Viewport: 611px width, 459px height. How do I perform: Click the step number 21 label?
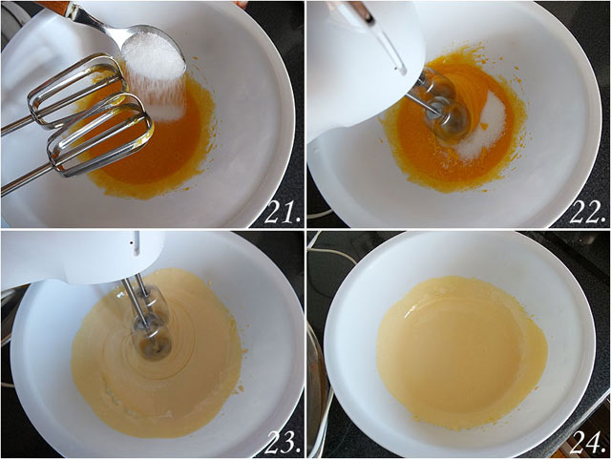283,214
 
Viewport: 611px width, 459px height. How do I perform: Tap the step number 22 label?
588,214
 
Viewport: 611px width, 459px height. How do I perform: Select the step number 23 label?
283,443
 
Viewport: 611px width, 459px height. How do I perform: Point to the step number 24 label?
588,443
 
